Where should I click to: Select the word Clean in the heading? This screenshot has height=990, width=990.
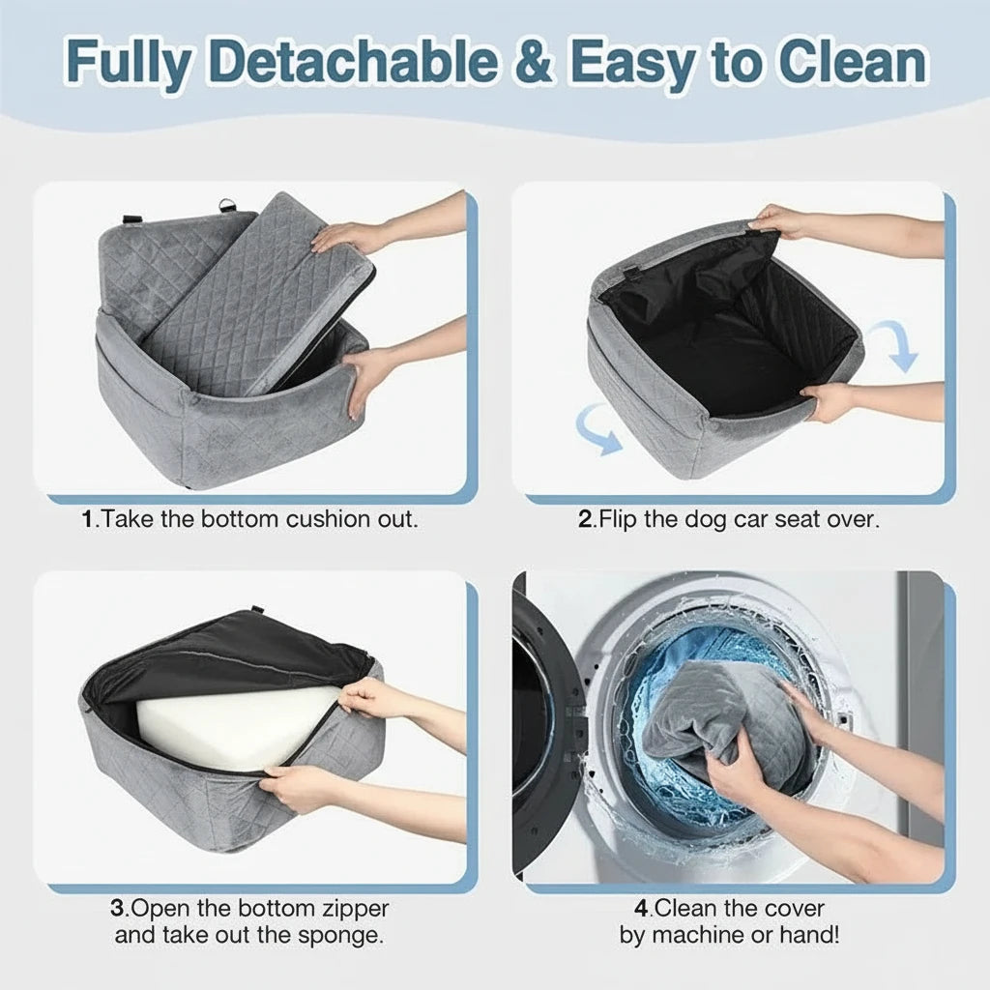coord(853,61)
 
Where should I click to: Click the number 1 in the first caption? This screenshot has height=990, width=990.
coord(88,519)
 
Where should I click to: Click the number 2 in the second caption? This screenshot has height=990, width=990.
coord(585,519)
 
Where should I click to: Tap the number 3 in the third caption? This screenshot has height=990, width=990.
coord(117,909)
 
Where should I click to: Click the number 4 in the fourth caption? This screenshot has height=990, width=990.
coord(642,909)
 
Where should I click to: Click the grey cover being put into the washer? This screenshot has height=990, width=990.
coord(726,719)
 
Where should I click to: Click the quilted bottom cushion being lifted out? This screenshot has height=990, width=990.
coord(259,297)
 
